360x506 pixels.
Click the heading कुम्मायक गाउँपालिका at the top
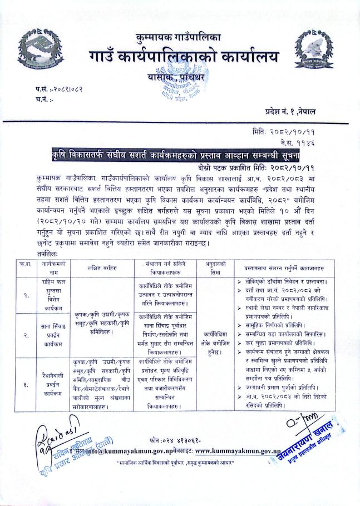tap(179, 38)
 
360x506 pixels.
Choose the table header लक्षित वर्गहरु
tap(100, 268)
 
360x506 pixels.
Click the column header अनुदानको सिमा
tap(215, 268)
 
